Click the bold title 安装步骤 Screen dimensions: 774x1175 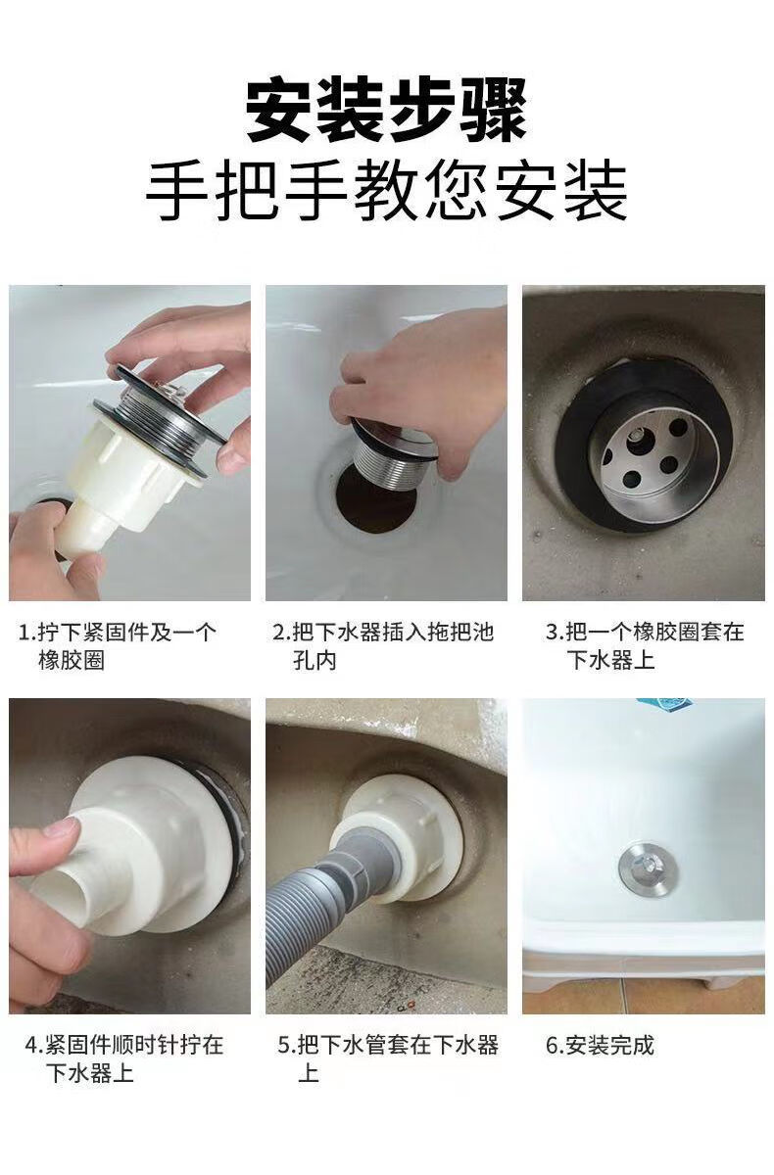(387, 109)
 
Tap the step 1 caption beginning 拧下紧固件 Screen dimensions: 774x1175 (117, 645)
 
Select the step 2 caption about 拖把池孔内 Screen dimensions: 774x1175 (383, 645)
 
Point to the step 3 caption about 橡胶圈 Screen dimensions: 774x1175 (645, 645)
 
